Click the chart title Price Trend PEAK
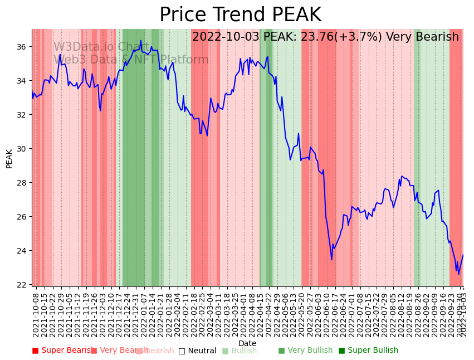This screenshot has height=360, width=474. point(240,15)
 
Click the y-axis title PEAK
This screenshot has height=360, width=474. point(9,158)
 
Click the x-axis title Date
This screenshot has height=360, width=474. point(247,344)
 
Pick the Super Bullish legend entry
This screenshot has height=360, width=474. point(368,351)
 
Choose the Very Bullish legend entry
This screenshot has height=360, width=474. point(305,351)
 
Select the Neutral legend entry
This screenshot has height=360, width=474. point(197,351)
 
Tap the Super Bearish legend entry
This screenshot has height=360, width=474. point(62,351)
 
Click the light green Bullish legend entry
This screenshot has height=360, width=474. point(240,351)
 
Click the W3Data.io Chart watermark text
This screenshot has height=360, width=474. point(101,47)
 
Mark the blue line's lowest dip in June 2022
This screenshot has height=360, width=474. point(331,260)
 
